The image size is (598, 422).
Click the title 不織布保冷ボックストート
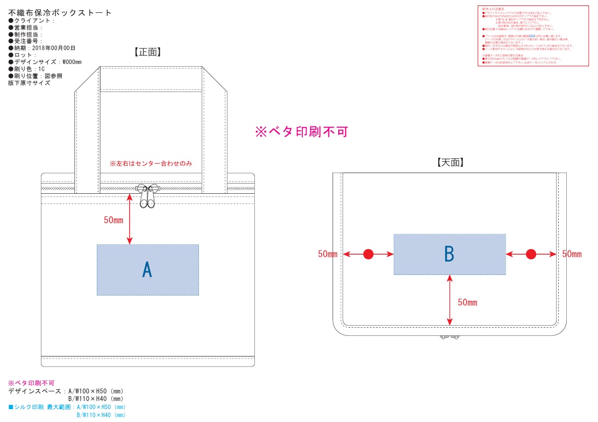[x=60, y=12]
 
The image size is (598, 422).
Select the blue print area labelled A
[x=148, y=270]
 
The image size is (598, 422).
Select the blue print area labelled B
[x=450, y=254]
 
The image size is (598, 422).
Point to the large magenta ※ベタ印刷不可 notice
[x=302, y=131]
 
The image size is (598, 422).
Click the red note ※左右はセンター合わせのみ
[x=151, y=163]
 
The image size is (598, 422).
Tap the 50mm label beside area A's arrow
[x=114, y=220]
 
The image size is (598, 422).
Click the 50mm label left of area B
[x=328, y=254]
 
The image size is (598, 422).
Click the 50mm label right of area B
[x=572, y=254]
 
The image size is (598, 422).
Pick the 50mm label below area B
[x=467, y=303]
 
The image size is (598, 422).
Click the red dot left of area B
[x=368, y=254]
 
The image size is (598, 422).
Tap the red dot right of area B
[x=531, y=254]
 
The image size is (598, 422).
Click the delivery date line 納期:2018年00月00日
[x=45, y=48]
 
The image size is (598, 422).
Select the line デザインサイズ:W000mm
[x=45, y=62]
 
